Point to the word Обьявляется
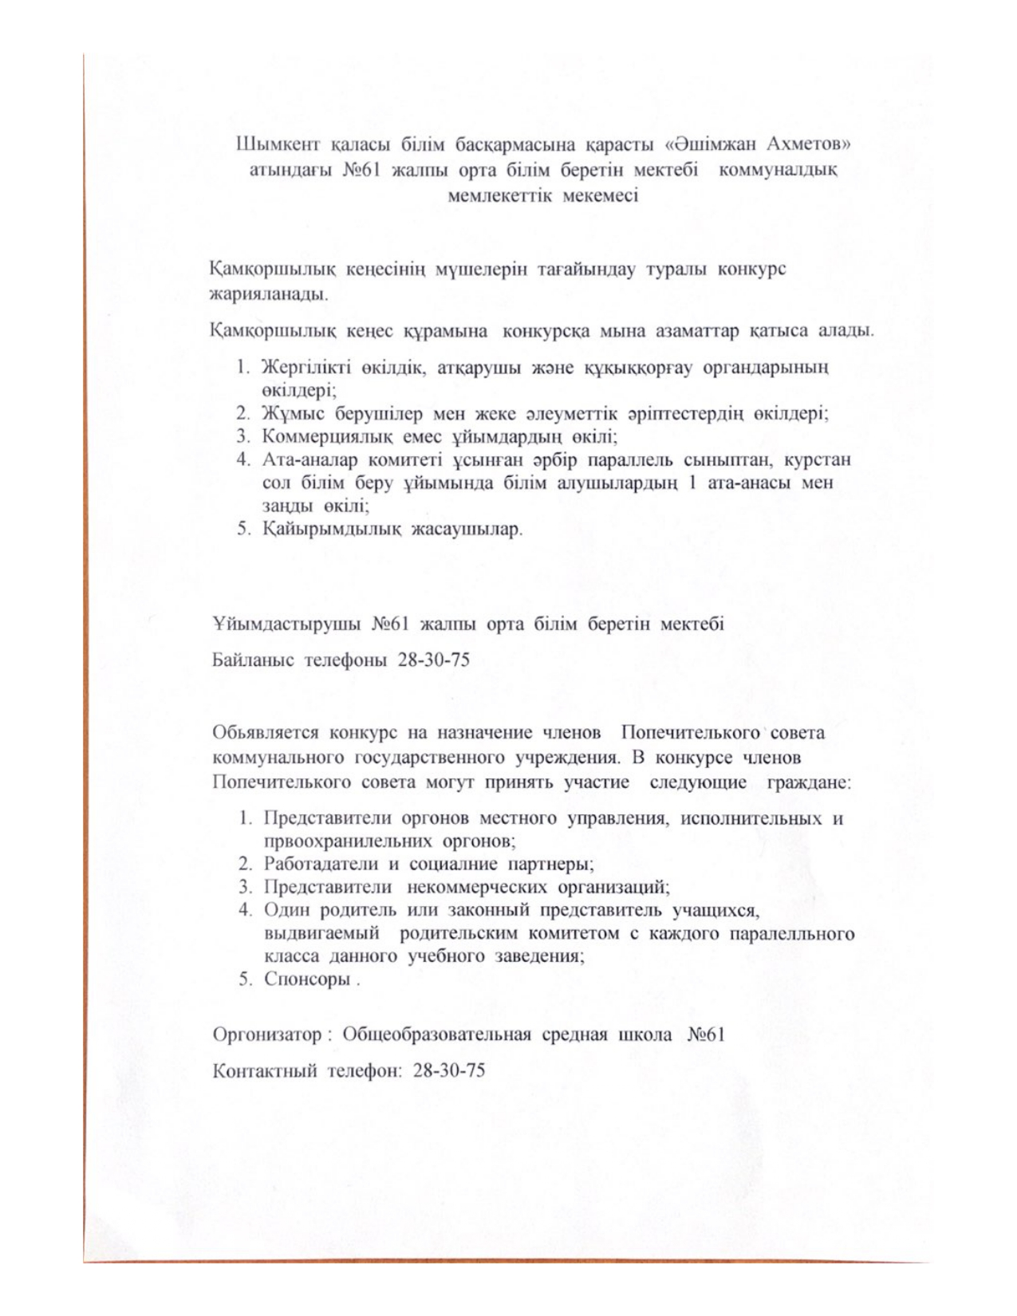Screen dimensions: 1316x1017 tap(266, 733)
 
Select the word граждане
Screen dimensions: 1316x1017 tap(809, 782)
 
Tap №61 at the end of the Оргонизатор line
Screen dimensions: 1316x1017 tap(705, 1035)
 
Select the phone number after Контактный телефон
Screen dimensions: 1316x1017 tap(449, 1070)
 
